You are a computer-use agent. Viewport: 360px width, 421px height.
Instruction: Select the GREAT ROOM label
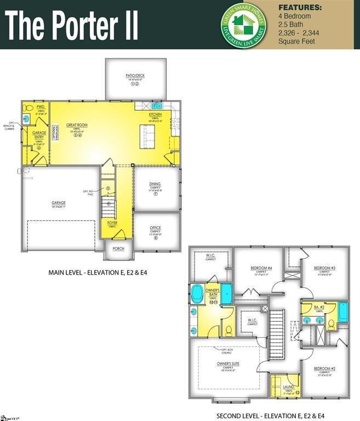(x=77, y=125)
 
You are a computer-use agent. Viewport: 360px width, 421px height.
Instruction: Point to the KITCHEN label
(x=156, y=114)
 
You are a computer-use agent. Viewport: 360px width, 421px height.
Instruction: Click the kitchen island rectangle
(x=147, y=134)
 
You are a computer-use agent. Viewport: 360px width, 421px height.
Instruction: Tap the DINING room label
(x=155, y=185)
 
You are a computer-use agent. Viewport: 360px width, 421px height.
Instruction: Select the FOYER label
(x=112, y=223)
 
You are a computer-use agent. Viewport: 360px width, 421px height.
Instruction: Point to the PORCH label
(x=119, y=248)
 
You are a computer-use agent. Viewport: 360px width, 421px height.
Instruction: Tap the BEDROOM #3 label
(x=324, y=268)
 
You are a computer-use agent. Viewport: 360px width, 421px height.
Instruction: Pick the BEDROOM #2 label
(x=324, y=370)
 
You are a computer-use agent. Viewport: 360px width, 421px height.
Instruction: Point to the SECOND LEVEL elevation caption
(x=271, y=415)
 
